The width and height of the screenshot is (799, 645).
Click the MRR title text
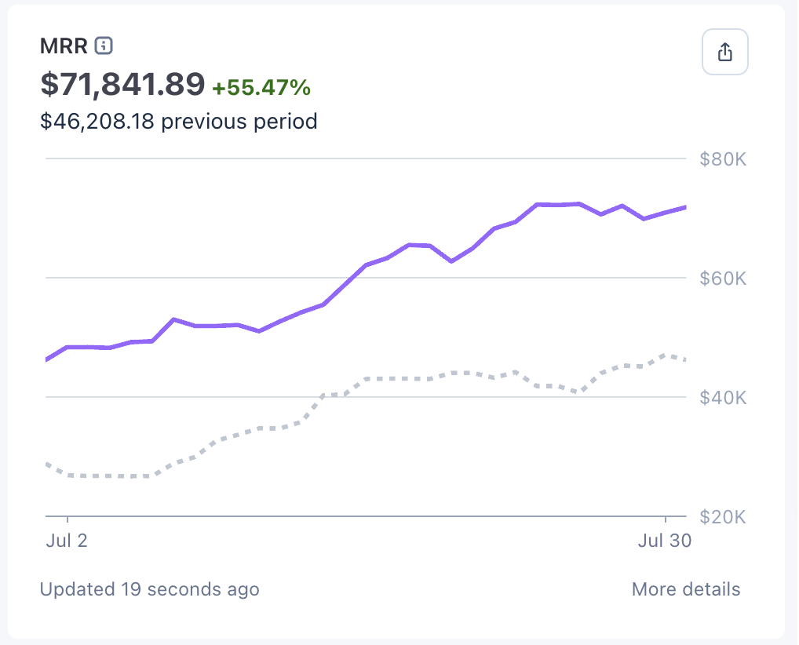(x=64, y=46)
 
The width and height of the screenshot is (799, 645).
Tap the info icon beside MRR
(x=104, y=46)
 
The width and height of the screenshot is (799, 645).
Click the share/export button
(x=724, y=53)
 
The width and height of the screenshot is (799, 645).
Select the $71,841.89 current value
(x=122, y=85)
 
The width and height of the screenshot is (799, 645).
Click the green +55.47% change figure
(x=261, y=87)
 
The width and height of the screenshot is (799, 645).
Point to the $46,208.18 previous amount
(x=97, y=122)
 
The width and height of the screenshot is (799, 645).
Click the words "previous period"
(x=239, y=122)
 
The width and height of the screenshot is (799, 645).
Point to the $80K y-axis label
(x=722, y=160)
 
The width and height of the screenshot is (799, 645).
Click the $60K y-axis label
(x=722, y=279)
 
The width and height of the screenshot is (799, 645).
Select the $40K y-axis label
(x=722, y=398)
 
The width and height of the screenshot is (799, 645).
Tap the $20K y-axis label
(x=722, y=517)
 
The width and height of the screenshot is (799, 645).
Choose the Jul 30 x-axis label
(x=664, y=541)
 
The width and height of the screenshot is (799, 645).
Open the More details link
(x=685, y=589)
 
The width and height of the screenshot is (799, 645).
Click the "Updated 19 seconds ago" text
(x=149, y=589)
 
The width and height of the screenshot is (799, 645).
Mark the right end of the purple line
(x=685, y=207)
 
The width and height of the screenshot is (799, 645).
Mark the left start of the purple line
(x=47, y=359)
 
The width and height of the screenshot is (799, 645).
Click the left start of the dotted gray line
(x=47, y=464)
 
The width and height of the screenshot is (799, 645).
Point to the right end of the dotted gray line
(x=685, y=360)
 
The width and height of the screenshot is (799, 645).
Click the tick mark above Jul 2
(x=68, y=520)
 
